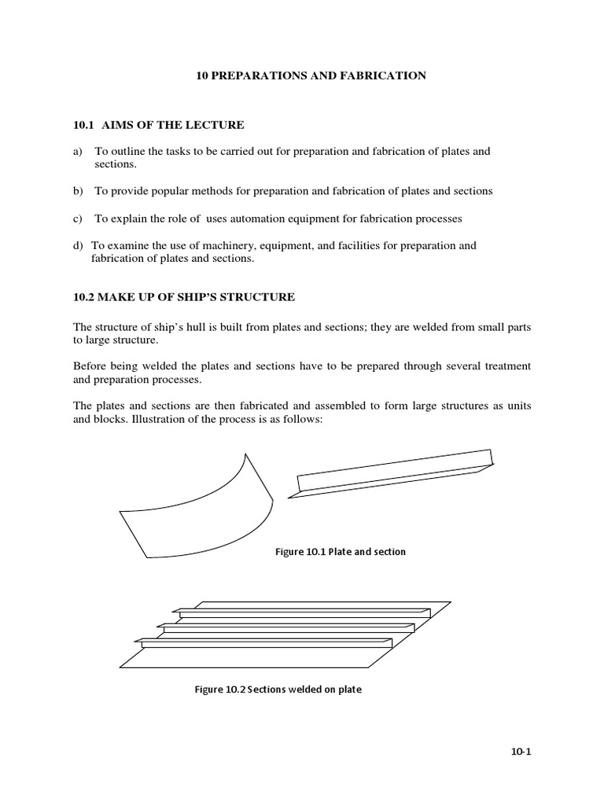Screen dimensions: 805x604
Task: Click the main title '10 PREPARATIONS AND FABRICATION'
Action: point(311,75)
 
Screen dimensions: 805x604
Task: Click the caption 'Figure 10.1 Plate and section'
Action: point(340,552)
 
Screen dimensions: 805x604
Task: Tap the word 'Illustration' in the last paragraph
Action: point(158,419)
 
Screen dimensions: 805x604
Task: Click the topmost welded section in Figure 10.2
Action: point(303,612)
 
